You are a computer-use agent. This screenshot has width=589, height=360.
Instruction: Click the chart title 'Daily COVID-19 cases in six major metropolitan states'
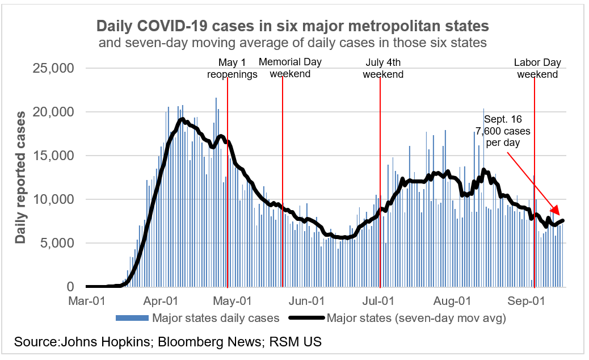pyautogui.click(x=292, y=26)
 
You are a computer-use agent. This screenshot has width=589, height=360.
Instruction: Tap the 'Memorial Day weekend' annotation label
pyautogui.click(x=289, y=68)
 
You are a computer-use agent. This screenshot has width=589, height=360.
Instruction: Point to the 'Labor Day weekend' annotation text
pyautogui.click(x=537, y=68)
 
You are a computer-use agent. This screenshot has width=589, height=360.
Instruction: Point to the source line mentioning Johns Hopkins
pyautogui.click(x=168, y=342)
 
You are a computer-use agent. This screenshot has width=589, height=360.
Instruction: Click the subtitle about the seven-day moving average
pyautogui.click(x=292, y=43)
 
